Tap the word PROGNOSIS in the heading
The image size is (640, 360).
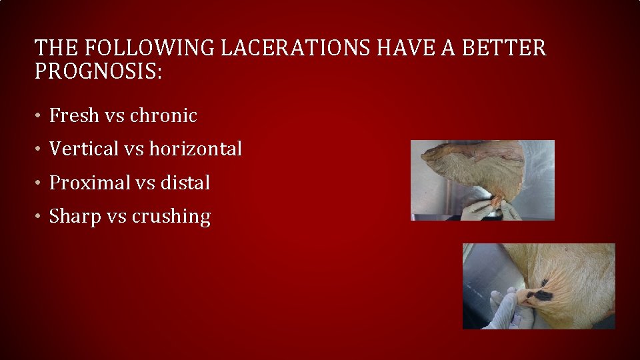[97, 71]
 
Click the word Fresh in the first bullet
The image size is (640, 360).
[74, 115]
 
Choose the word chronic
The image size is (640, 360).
[163, 115]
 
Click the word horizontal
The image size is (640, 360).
[195, 149]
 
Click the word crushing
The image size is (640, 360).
[171, 217]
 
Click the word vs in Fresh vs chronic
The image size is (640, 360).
[115, 116]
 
